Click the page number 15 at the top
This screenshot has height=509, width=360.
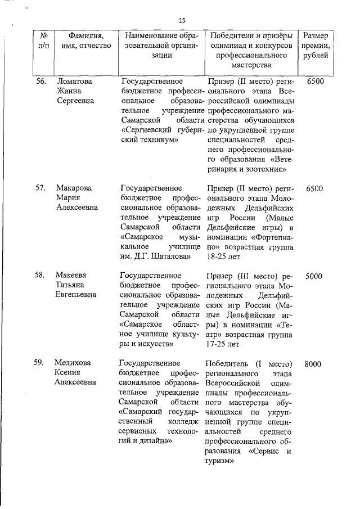click(182, 20)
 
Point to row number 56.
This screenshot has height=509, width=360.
click(40, 82)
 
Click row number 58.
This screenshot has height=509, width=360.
click(40, 275)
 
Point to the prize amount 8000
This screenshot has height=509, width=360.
click(313, 364)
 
